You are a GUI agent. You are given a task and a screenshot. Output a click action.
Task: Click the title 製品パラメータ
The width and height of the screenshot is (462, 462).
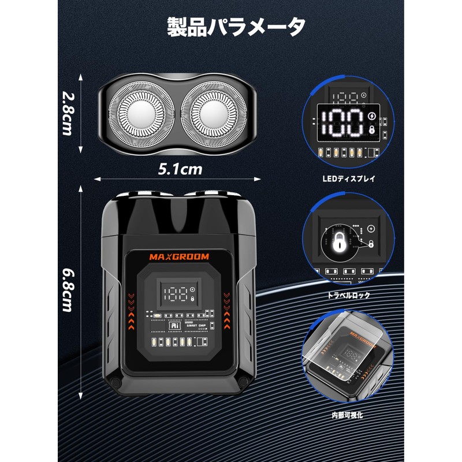(x=236, y=27)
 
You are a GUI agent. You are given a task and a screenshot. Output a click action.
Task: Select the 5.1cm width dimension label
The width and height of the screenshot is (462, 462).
(x=180, y=169)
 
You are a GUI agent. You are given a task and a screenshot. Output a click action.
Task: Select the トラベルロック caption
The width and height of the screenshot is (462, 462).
(x=348, y=295)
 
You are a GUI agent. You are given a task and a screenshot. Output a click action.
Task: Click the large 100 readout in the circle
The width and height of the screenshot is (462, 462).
(x=342, y=122)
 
